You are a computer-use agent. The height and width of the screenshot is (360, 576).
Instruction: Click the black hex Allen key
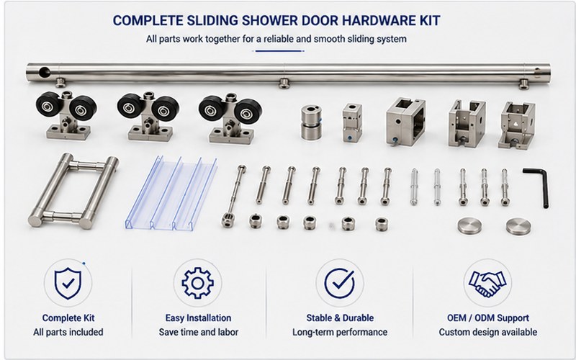pyautogui.click(x=544, y=184)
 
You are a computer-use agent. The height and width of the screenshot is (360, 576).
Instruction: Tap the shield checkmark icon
pyautogui.click(x=68, y=283)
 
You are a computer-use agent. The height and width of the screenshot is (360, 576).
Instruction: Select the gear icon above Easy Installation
pyautogui.click(x=197, y=283)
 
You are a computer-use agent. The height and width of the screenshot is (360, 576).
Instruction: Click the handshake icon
pyautogui.click(x=487, y=283)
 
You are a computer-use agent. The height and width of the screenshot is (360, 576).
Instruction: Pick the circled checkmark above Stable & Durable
pyautogui.click(x=340, y=283)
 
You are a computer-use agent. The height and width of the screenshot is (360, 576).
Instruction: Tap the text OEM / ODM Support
pyautogui.click(x=488, y=318)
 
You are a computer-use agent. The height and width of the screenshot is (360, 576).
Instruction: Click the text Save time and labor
pyautogui.click(x=199, y=332)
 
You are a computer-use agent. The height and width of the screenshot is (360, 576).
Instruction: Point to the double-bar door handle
pyautogui.click(x=73, y=191)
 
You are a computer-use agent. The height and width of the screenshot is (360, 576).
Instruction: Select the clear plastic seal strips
pyautogui.click(x=171, y=193)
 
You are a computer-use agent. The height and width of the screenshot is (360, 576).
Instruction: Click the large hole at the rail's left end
pyautogui.click(x=45, y=72)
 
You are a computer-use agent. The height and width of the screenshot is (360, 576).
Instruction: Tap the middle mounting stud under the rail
pyautogui.click(x=284, y=83)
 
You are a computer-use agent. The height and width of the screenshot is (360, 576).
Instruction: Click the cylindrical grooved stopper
pyautogui.click(x=311, y=122)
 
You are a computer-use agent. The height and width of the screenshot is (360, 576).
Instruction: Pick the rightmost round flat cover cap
pyautogui.click(x=518, y=226)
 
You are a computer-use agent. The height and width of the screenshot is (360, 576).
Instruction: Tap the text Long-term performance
pyautogui.click(x=340, y=332)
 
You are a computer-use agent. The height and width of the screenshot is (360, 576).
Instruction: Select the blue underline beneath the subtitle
pyautogui.click(x=279, y=51)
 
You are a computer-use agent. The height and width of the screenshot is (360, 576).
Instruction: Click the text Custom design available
pyautogui.click(x=488, y=332)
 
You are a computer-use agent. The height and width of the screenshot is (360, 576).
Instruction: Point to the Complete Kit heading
pyautogui.click(x=68, y=318)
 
